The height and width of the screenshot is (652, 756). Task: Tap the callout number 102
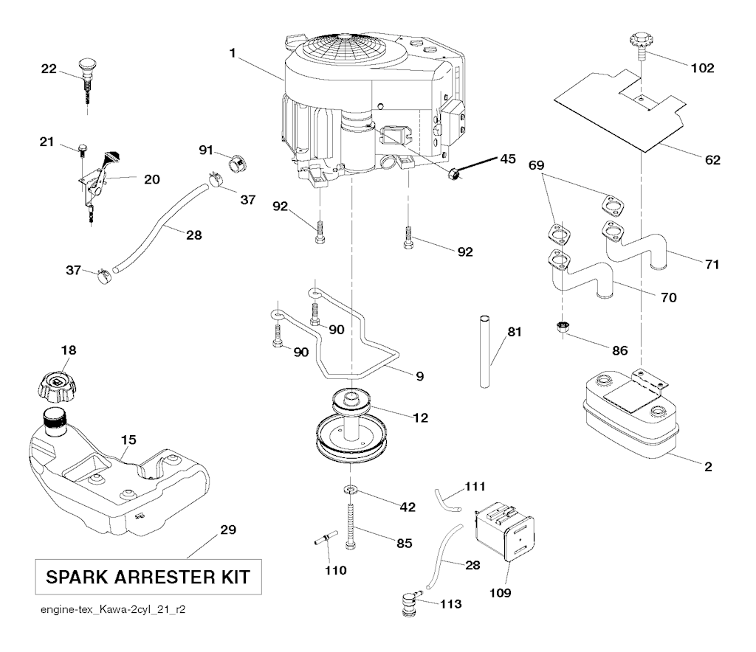coord(702,69)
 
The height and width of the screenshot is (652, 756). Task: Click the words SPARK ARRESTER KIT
coord(148,576)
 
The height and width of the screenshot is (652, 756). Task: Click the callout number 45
coord(508,158)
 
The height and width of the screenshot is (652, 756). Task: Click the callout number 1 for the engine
coord(233,54)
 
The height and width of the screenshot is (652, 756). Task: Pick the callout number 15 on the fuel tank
coord(128,440)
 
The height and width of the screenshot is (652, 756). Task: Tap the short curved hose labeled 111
coord(447,499)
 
